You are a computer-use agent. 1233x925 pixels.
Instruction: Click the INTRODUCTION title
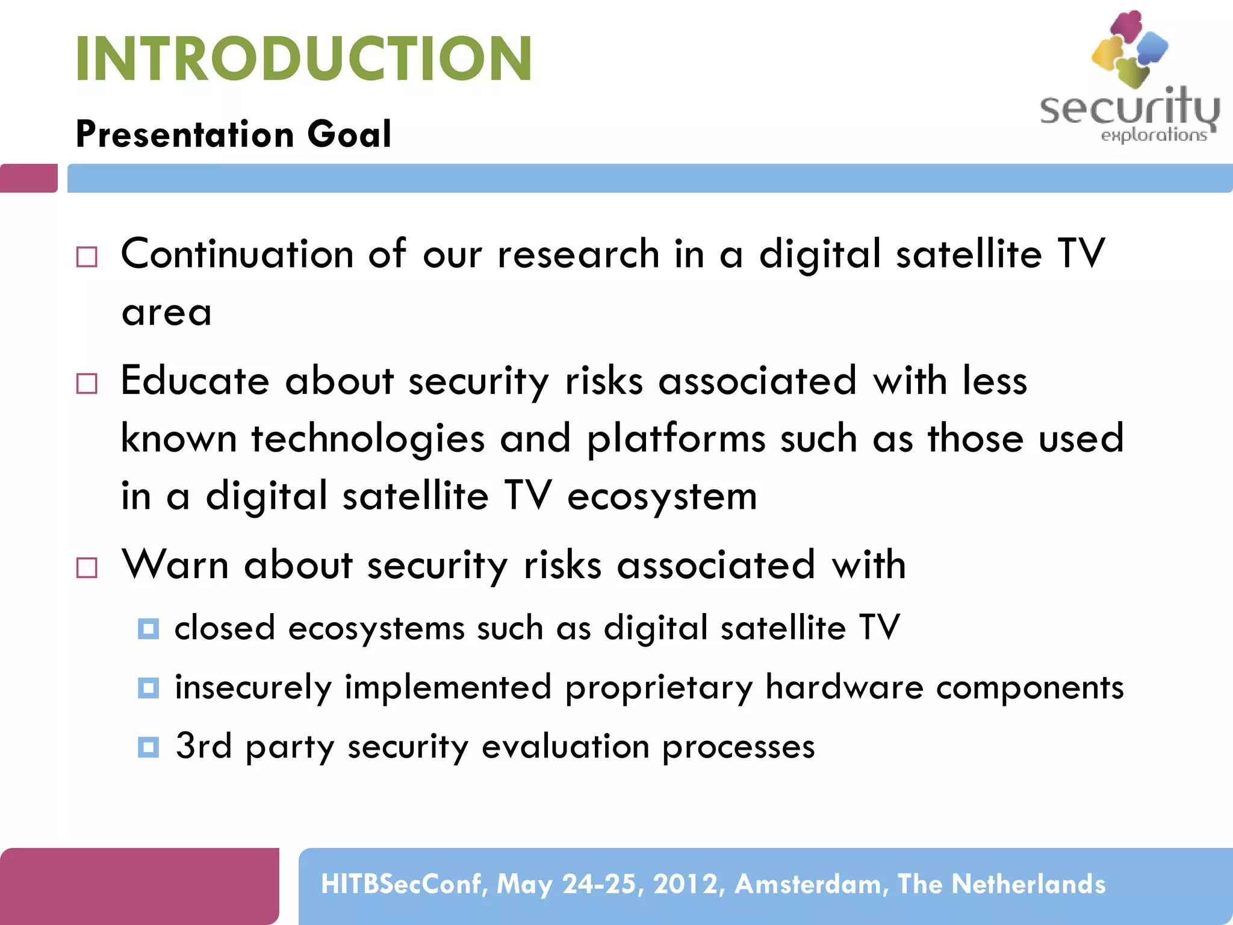(x=303, y=58)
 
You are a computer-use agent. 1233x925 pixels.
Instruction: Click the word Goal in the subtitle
(x=349, y=134)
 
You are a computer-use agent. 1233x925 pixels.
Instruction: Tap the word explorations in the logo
(x=1154, y=135)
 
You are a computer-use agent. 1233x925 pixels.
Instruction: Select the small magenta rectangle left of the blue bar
(x=28, y=178)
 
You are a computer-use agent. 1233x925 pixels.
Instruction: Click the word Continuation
(x=237, y=254)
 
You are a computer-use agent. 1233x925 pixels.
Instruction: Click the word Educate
(x=194, y=381)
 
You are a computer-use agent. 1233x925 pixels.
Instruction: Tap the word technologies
(x=368, y=438)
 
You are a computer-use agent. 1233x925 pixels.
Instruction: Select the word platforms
(x=676, y=438)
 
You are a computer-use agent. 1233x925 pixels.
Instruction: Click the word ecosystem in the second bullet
(x=662, y=497)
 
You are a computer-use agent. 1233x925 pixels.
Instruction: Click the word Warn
(x=175, y=565)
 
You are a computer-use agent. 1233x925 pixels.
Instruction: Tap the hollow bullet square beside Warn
(x=87, y=567)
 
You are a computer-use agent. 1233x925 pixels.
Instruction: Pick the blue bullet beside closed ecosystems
(x=148, y=629)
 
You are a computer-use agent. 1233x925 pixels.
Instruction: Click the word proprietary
(x=659, y=687)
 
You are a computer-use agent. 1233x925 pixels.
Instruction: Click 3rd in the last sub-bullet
(x=203, y=746)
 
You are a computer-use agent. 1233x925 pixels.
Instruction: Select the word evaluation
(x=565, y=747)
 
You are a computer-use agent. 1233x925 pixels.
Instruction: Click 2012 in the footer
(x=685, y=884)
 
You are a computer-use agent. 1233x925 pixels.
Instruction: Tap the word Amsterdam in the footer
(x=808, y=884)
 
